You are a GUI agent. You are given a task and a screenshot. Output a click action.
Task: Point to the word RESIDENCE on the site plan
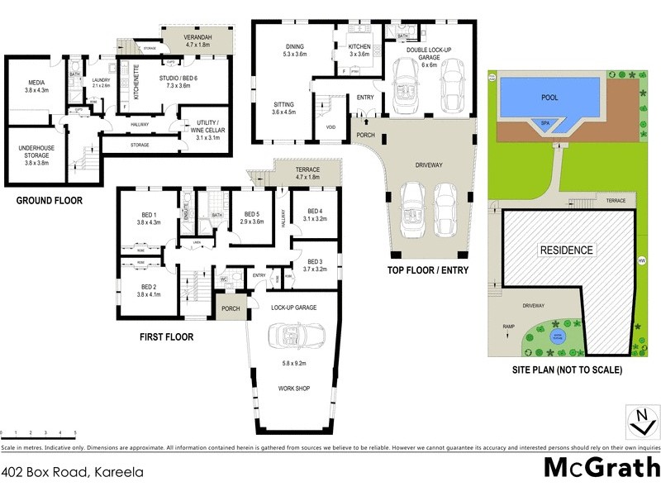click(x=566, y=250)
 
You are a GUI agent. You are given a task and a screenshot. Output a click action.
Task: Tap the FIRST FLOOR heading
click(x=166, y=337)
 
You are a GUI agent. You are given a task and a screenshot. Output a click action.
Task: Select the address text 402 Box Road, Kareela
click(x=73, y=473)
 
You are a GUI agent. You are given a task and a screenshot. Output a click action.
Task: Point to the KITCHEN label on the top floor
click(x=359, y=48)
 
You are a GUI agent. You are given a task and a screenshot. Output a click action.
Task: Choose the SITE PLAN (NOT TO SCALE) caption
click(x=566, y=370)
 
